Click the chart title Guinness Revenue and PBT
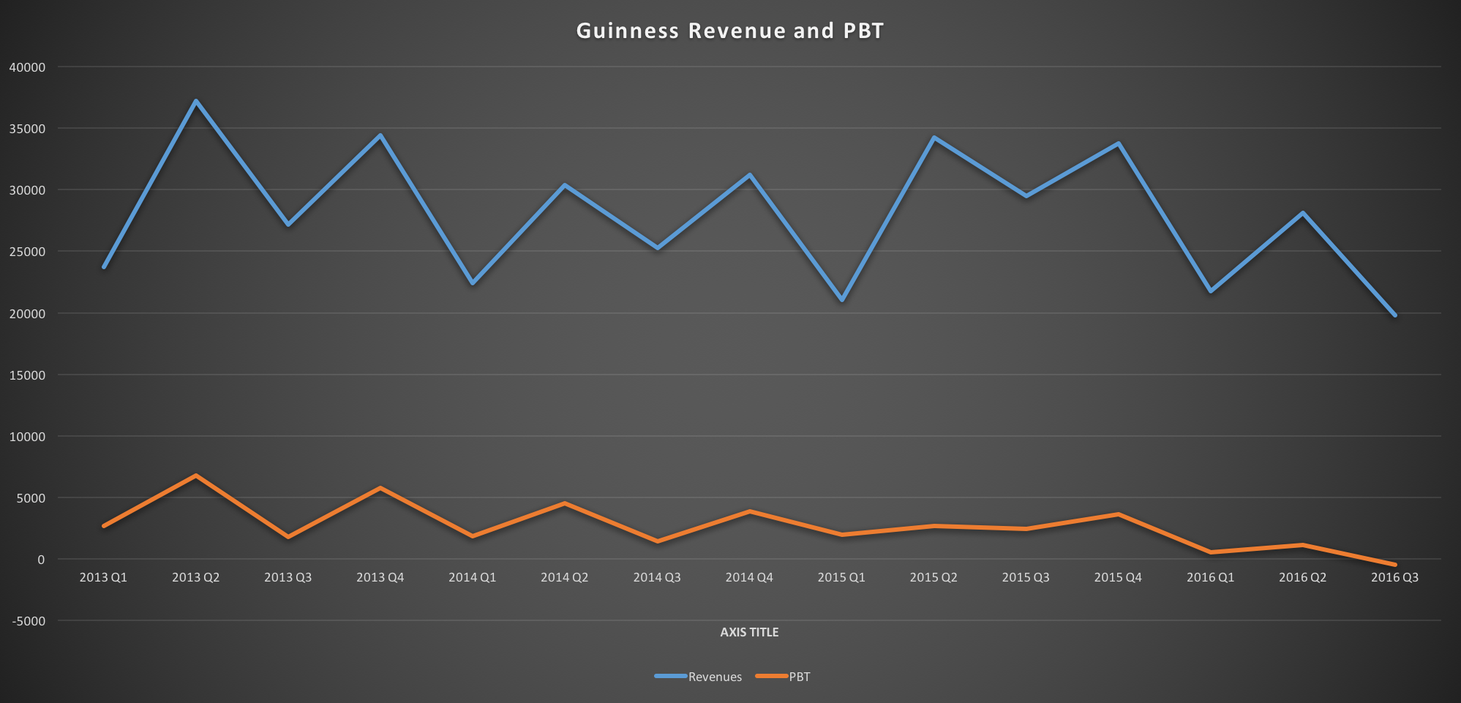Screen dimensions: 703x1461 [730, 31]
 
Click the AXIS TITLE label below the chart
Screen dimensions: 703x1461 [749, 632]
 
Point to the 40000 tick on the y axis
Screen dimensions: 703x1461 [27, 67]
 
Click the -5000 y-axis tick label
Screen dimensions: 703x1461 [27, 621]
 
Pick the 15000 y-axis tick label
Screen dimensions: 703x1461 [27, 375]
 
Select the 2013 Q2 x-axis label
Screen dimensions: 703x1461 [195, 577]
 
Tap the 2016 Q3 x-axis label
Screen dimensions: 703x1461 [1394, 577]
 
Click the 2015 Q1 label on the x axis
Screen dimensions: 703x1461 [841, 577]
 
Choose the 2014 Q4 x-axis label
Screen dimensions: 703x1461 [749, 577]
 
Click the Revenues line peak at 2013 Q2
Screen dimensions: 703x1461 [196, 101]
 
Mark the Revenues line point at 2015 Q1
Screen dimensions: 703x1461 [842, 300]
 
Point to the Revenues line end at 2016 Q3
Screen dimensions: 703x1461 [1394, 315]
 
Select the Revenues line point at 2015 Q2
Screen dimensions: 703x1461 [934, 138]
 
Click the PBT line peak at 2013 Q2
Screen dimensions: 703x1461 [196, 475]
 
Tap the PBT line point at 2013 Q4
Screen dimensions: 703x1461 [380, 488]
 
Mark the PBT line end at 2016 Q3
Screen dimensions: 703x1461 [1394, 565]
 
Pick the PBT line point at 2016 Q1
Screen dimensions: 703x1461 [1210, 552]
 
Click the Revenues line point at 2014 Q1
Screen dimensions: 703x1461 [473, 283]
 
